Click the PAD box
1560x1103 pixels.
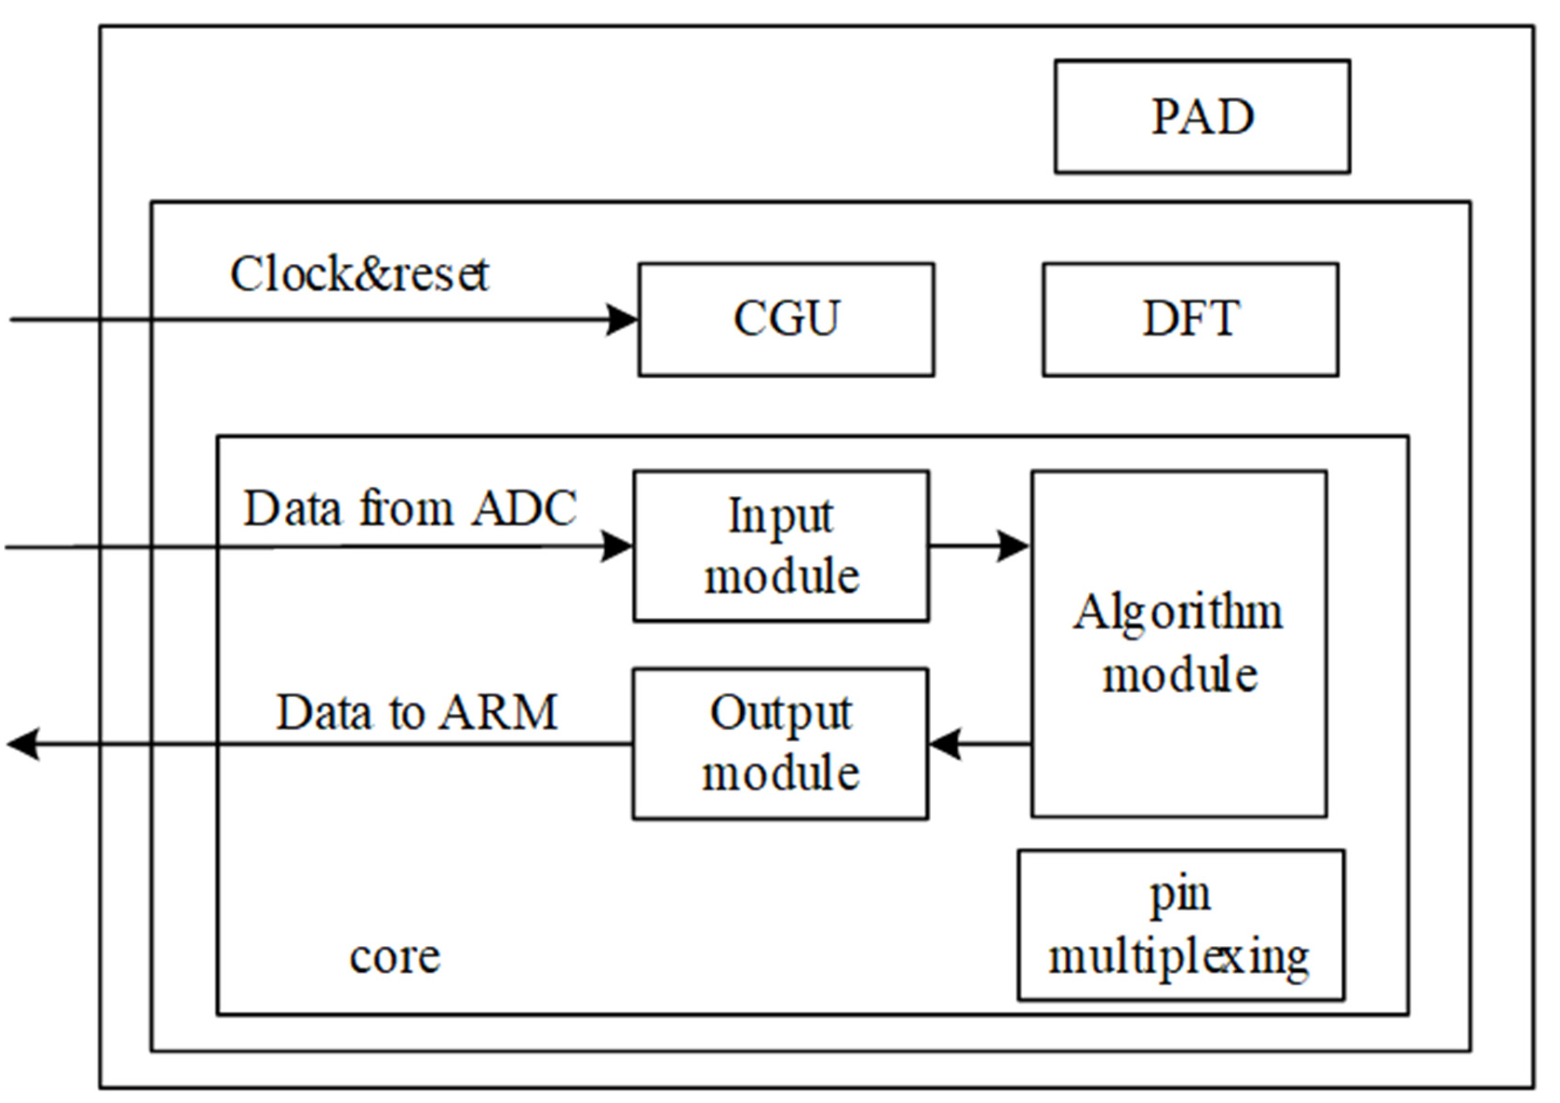pos(1201,116)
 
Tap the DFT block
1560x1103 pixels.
pos(1191,319)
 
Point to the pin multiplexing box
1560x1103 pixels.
pos(1180,925)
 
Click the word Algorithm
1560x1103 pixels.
pos(1178,613)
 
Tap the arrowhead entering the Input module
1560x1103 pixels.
pos(617,546)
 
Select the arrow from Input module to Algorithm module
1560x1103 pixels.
pos(978,545)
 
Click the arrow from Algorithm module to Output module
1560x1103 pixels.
pos(978,744)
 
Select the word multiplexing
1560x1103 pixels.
pos(1179,958)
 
